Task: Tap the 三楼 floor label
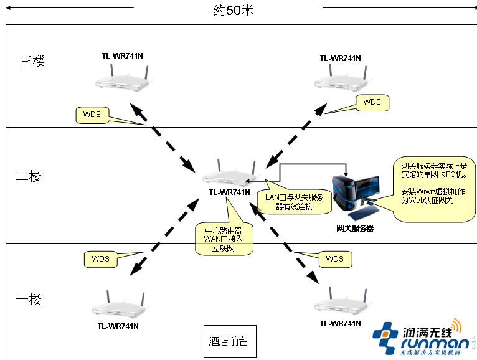(x=32, y=61)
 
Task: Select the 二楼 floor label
(x=29, y=176)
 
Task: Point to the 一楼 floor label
(x=29, y=300)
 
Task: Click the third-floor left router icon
(x=122, y=80)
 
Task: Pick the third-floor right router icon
(x=340, y=80)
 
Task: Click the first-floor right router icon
(x=340, y=305)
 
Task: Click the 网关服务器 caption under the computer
(x=354, y=229)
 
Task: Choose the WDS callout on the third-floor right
(x=372, y=102)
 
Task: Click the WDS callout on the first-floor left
(x=100, y=259)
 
